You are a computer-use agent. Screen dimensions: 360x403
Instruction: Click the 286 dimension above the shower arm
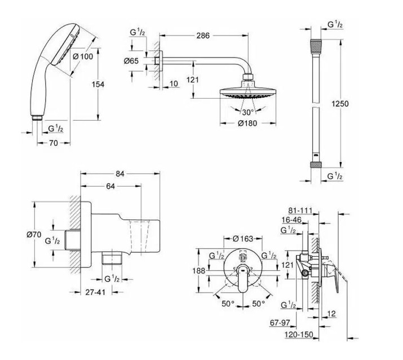pyautogui.click(x=203, y=36)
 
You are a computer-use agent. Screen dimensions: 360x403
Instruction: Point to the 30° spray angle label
pyautogui.click(x=249, y=112)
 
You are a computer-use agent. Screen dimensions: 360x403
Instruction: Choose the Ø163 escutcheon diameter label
pyautogui.click(x=244, y=238)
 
